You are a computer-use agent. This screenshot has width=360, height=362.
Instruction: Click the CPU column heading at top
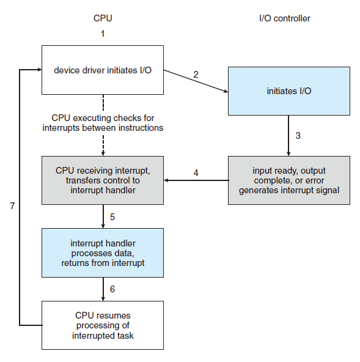(102, 18)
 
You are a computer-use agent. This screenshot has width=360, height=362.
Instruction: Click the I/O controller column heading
(284, 18)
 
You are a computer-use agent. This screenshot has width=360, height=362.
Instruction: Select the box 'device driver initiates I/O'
(102, 70)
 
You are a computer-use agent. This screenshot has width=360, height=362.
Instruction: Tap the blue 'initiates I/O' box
(289, 91)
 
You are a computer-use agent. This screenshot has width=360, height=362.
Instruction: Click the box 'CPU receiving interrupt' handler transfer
(102, 180)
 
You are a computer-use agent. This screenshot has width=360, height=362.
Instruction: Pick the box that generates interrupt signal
(289, 180)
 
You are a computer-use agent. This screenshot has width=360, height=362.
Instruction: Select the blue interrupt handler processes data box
(102, 253)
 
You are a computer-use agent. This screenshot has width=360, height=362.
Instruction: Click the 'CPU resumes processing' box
(102, 325)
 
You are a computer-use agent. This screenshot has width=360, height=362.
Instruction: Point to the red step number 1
(103, 34)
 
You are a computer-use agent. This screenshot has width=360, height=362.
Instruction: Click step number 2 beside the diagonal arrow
(196, 75)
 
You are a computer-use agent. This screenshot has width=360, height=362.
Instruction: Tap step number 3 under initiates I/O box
(298, 136)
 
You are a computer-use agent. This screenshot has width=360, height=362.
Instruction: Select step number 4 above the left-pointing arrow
(196, 172)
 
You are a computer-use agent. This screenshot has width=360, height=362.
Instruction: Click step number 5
(112, 216)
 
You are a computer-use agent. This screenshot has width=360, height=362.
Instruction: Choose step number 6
(112, 289)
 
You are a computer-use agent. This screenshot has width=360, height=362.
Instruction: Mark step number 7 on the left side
(12, 206)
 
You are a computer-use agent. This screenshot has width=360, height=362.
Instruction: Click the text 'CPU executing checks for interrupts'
(102, 122)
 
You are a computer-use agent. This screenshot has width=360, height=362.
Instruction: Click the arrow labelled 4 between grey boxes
(196, 180)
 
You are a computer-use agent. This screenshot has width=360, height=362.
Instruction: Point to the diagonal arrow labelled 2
(196, 83)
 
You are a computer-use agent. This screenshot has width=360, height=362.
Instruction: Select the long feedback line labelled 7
(20, 196)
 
